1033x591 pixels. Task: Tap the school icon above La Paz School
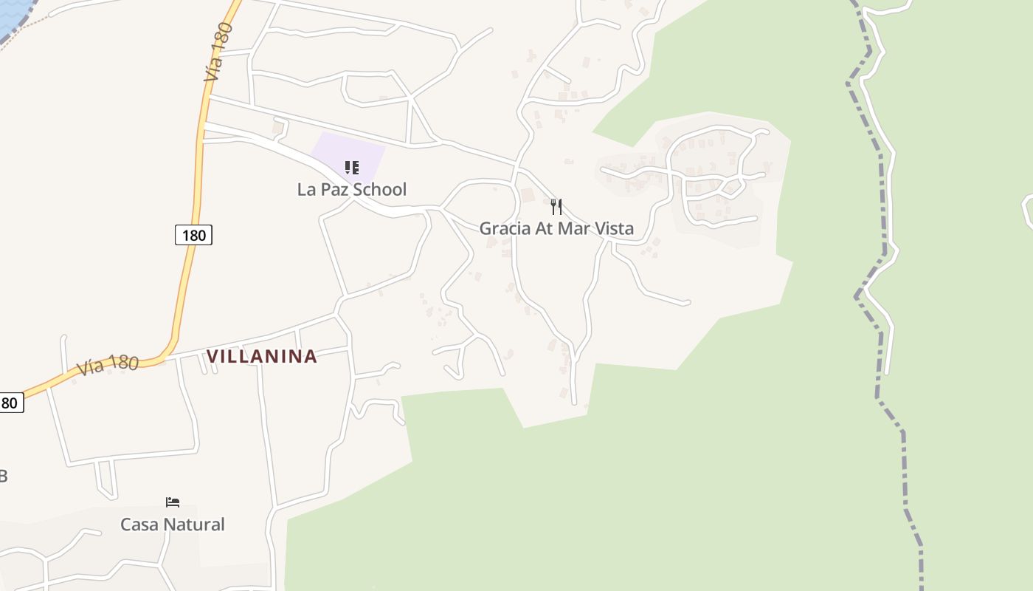click(352, 168)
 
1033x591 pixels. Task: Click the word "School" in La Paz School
click(379, 190)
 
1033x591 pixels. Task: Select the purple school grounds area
click(369, 151)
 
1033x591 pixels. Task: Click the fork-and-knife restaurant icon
click(556, 207)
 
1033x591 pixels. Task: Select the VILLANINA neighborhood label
click(261, 356)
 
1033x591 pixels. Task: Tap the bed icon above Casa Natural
click(173, 502)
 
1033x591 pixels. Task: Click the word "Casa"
click(139, 525)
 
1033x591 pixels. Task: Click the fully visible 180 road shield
click(193, 236)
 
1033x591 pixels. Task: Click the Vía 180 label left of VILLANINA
click(107, 365)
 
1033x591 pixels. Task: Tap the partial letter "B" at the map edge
click(3, 476)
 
